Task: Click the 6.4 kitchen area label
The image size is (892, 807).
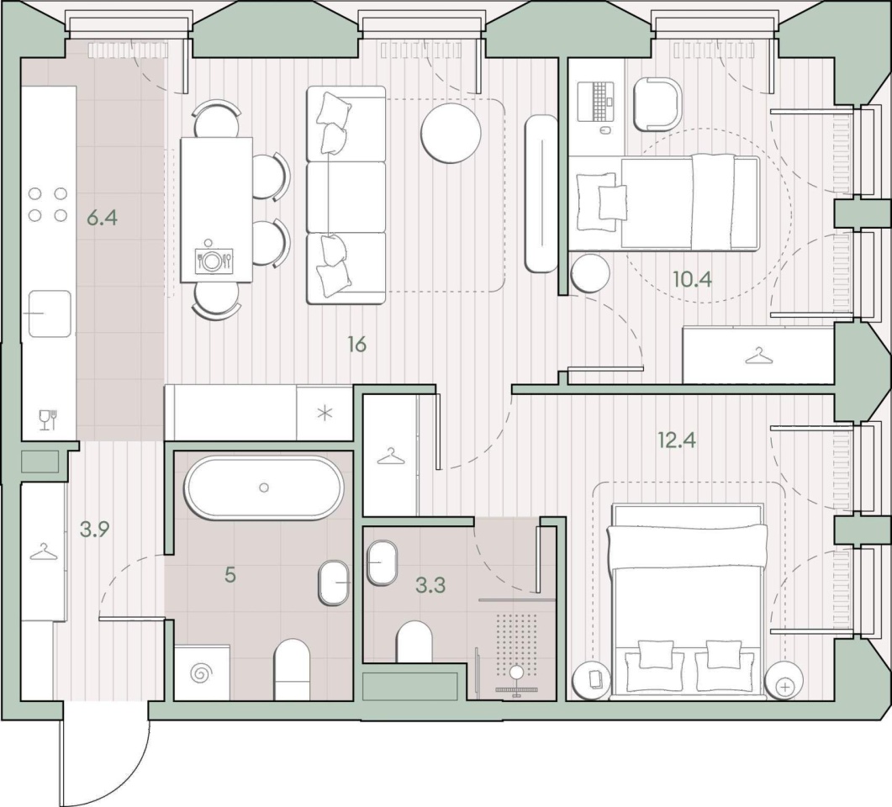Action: click(103, 217)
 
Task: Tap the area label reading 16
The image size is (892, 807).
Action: click(356, 344)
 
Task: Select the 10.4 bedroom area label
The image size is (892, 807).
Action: click(692, 279)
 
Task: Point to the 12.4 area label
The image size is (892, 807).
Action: click(677, 440)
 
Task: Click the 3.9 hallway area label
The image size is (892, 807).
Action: click(94, 530)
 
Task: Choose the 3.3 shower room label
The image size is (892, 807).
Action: click(430, 585)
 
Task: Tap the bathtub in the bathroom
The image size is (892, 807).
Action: click(264, 488)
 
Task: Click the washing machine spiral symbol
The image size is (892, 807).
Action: click(201, 674)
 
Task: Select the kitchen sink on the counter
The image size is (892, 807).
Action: click(50, 314)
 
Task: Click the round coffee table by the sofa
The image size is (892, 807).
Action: click(451, 133)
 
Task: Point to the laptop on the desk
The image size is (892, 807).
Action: click(595, 102)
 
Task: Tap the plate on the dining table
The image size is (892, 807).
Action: click(213, 261)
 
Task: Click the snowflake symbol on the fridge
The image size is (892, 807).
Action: click(325, 413)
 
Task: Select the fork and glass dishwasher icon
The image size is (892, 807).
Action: click(48, 419)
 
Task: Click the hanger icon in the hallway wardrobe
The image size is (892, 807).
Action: click(43, 551)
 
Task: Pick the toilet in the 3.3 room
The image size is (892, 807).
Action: click(414, 641)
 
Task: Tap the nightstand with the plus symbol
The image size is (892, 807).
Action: click(785, 680)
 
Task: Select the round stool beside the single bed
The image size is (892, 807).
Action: click(590, 273)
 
